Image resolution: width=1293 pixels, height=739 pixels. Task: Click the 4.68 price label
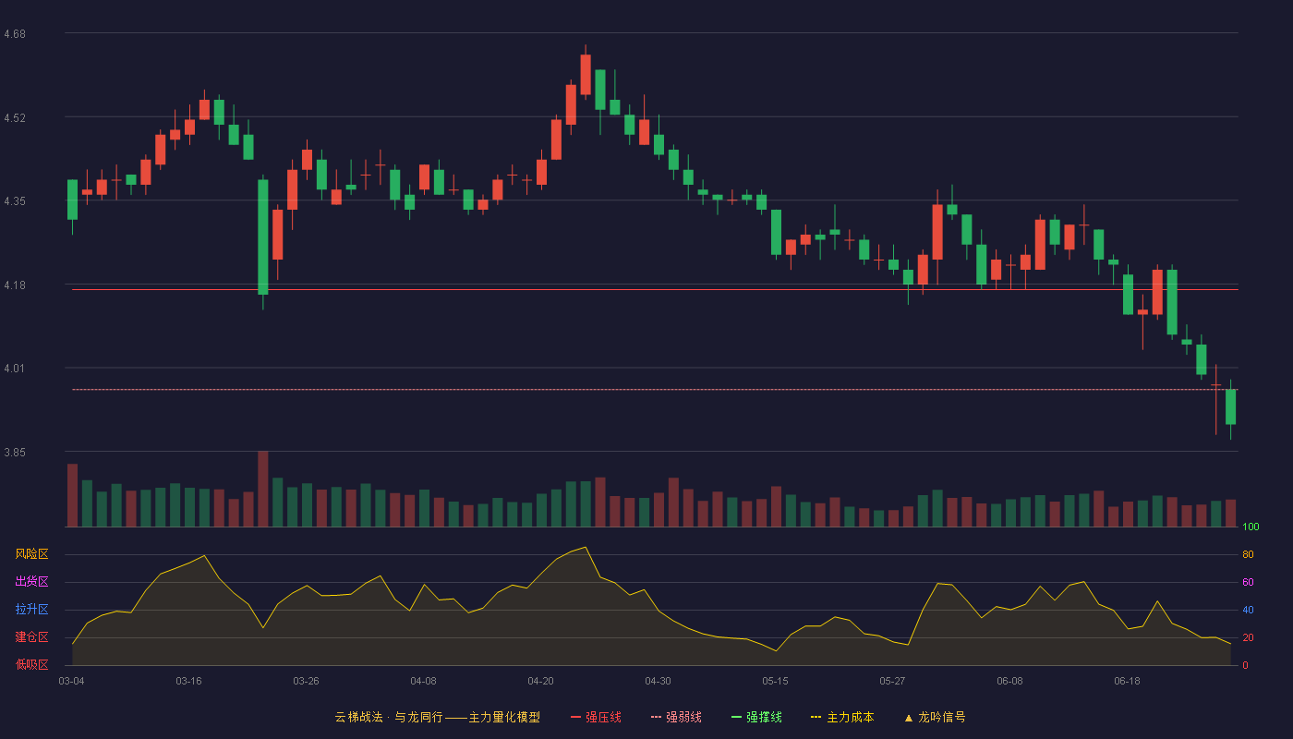15,34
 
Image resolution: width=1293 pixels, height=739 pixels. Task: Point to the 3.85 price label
15,453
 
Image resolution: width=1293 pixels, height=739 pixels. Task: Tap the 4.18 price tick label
15,285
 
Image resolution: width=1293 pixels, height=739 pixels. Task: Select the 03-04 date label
72,682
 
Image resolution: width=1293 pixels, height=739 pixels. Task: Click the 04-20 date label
540,682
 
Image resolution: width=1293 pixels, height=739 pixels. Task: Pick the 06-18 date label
1127,682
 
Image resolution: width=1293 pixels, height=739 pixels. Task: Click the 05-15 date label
775,682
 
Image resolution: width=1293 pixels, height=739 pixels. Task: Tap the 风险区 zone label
31,554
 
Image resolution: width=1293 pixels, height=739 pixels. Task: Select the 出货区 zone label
31,581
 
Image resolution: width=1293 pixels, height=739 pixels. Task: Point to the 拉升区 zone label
31,609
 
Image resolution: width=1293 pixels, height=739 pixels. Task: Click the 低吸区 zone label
31,664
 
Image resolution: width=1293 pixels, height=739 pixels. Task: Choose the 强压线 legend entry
596,717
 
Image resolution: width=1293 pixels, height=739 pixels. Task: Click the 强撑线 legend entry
756,717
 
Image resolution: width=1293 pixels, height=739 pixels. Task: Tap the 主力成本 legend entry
842,717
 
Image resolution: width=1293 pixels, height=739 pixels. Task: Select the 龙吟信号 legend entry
935,717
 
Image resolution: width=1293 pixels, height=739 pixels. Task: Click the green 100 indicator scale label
1251,527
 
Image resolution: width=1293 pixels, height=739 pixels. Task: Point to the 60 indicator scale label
1248,582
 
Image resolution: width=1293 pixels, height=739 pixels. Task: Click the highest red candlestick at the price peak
586,75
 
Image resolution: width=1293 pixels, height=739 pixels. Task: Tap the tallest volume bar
262,489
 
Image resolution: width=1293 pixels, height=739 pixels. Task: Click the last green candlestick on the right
1230,407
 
